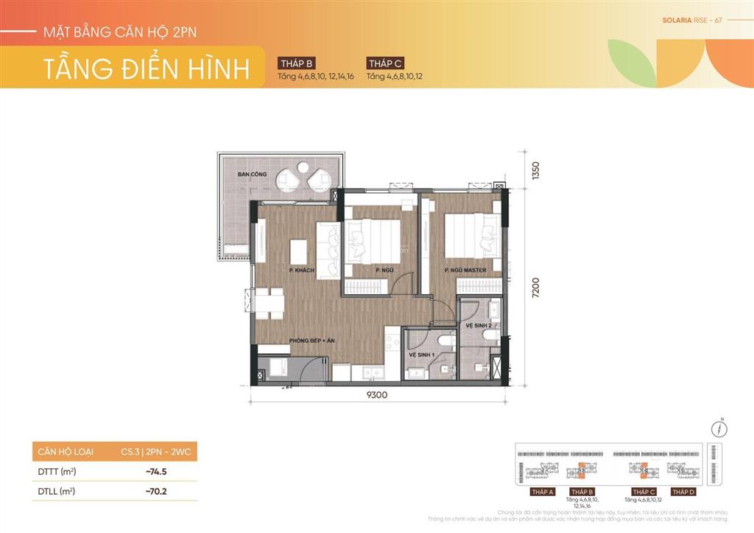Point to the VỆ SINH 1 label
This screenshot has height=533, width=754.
[422, 355]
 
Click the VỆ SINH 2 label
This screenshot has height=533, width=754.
[479, 325]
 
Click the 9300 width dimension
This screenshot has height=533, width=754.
[376, 394]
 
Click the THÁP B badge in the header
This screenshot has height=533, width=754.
[297, 63]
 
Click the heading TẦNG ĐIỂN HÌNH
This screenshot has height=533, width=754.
[147, 68]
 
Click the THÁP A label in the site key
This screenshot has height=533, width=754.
[542, 492]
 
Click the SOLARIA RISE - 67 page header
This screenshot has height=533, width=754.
[693, 20]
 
